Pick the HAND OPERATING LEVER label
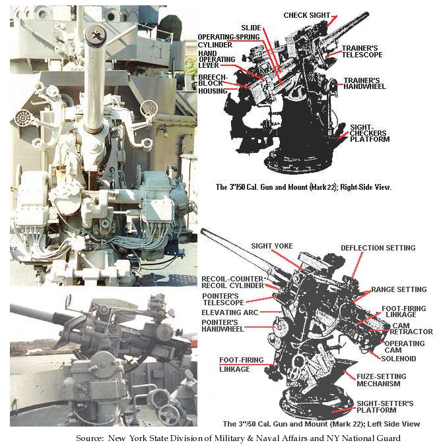tap(218, 61)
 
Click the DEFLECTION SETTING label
tap(378, 248)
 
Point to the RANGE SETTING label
tap(398, 289)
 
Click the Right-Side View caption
tap(304, 187)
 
